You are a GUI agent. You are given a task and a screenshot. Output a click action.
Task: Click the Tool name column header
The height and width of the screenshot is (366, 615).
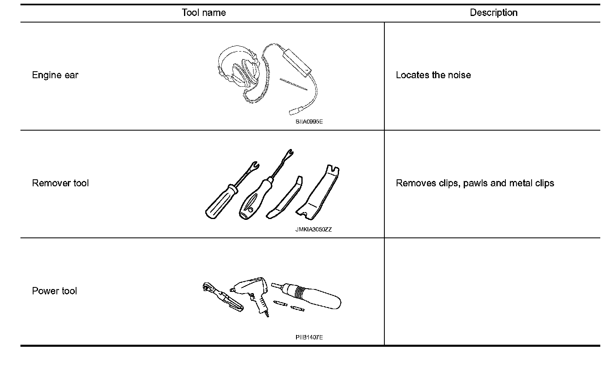point(204,13)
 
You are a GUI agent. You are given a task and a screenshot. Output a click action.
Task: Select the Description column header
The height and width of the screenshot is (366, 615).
point(493,13)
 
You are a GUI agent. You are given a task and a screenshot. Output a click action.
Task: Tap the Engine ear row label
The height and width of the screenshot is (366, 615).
point(55,75)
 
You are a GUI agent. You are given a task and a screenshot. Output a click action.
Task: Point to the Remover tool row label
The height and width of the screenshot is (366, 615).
point(60,183)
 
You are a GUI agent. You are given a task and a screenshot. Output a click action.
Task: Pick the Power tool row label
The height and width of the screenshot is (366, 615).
point(54,291)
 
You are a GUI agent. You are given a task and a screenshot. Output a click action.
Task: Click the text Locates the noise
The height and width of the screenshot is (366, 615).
point(433,75)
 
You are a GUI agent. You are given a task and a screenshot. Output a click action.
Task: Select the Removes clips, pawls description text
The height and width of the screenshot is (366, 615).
point(475,183)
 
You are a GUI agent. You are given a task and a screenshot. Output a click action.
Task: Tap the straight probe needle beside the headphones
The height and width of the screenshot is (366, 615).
point(294,84)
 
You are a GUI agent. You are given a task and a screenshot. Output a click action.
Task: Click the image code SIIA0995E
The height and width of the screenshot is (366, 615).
point(309,122)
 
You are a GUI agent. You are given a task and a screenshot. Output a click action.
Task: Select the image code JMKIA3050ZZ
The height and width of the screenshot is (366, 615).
point(313,230)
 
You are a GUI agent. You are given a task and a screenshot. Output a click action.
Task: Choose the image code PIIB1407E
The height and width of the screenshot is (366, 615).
point(309,337)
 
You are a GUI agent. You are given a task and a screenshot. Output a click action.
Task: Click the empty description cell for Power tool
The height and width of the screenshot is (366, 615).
point(492,291)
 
